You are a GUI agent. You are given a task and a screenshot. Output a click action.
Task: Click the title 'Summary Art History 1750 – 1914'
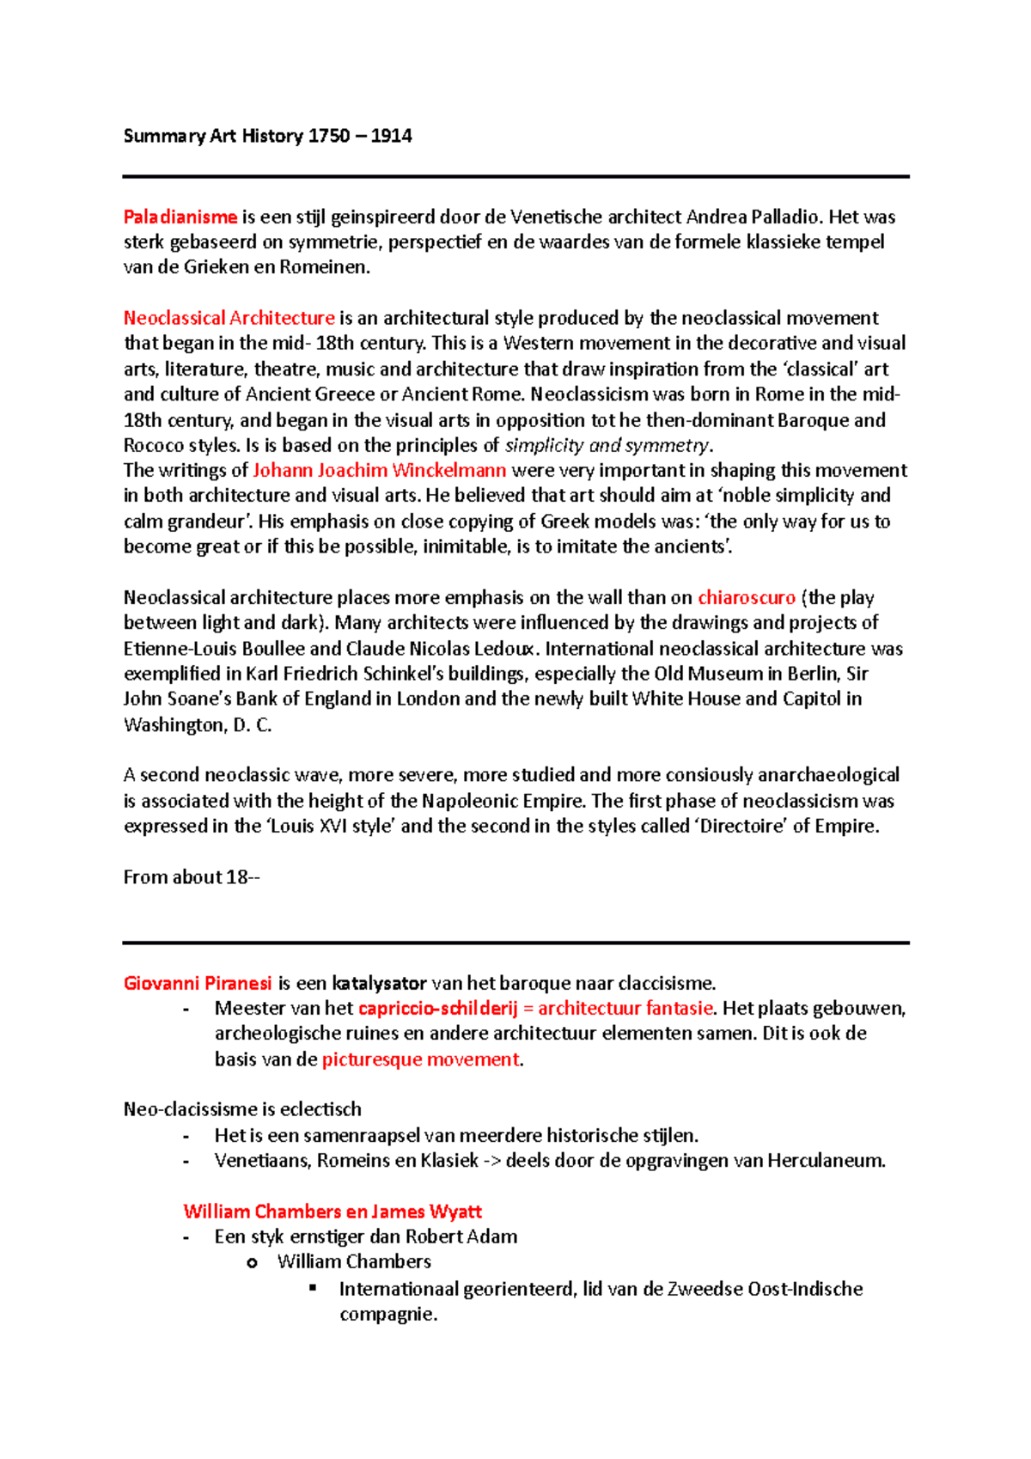point(267,136)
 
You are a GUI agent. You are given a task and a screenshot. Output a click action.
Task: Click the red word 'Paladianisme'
point(180,217)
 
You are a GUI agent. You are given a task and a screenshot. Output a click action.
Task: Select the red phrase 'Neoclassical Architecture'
point(229,318)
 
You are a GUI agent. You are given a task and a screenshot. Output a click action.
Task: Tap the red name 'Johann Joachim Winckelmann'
point(379,470)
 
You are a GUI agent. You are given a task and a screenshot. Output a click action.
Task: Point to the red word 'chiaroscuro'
point(746,597)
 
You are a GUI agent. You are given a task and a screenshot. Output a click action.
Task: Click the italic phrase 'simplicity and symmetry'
point(607,445)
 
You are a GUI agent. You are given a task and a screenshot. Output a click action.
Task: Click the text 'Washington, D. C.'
point(198,724)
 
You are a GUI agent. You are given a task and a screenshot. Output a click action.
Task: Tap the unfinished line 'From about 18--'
point(191,877)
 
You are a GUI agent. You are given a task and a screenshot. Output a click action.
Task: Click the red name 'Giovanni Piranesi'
point(198,983)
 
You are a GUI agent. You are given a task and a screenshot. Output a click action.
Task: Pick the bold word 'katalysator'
point(379,983)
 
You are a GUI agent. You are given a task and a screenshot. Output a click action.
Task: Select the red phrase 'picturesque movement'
point(420,1059)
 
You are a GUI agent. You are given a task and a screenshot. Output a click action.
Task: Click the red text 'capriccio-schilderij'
point(437,1009)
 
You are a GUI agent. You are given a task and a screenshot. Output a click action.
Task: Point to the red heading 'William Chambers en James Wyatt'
point(332,1212)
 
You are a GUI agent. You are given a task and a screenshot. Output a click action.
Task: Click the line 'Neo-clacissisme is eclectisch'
point(242,1109)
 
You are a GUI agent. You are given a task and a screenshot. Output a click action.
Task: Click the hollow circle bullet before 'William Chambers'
point(252,1263)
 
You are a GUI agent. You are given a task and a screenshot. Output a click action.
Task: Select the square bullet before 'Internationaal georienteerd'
point(313,1287)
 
